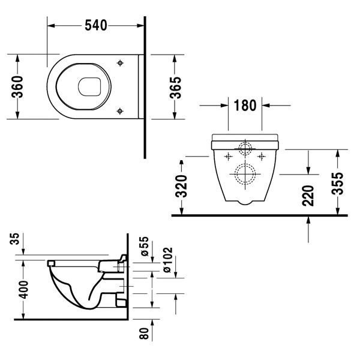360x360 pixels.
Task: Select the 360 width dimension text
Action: (19, 88)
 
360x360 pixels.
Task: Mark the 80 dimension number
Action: (145, 333)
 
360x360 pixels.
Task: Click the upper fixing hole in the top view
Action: (121, 63)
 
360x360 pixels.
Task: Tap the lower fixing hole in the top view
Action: (121, 110)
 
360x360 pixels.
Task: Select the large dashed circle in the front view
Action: (244, 174)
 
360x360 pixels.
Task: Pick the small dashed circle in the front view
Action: (244, 147)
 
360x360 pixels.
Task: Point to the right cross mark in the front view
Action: (262, 156)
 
